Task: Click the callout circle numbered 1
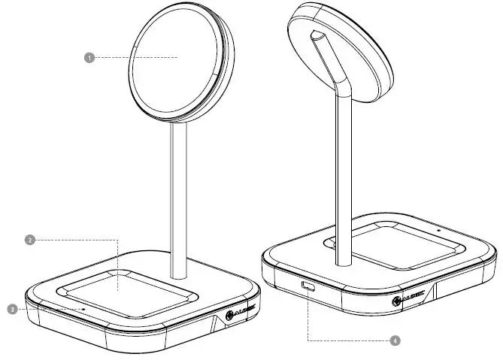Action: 89,56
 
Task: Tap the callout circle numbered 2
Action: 29,241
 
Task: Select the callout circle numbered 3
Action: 13,309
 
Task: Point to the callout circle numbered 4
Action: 393,340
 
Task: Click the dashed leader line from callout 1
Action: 132,56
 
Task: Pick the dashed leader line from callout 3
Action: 45,309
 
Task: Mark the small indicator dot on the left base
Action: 83,309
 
